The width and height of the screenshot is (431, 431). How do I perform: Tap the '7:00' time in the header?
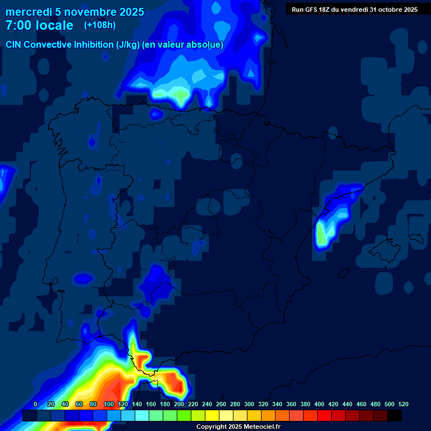coord(18,26)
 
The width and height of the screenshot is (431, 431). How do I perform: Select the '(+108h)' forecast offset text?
coord(99,25)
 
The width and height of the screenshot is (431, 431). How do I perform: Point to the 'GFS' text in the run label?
coord(313,10)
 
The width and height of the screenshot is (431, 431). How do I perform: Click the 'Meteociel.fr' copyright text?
coord(260,427)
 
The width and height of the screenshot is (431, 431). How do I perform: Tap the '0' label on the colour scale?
coord(35,404)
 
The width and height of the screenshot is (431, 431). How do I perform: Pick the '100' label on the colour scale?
coord(109,404)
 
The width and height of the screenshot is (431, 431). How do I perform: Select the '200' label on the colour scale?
coord(179,404)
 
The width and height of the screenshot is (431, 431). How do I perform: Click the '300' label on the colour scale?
coord(249,404)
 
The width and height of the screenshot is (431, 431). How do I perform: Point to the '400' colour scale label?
coord(319,404)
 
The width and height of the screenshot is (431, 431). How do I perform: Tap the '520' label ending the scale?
coord(403,404)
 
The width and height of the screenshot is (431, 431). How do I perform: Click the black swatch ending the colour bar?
coord(395,416)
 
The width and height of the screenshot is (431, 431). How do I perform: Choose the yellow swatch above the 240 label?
coord(212,416)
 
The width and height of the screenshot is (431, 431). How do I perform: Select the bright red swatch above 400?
coord(324,416)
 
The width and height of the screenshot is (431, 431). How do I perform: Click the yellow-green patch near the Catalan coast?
coord(322,234)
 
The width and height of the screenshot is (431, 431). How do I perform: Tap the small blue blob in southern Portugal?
coord(83,278)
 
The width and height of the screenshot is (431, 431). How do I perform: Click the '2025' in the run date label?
coord(408,10)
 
